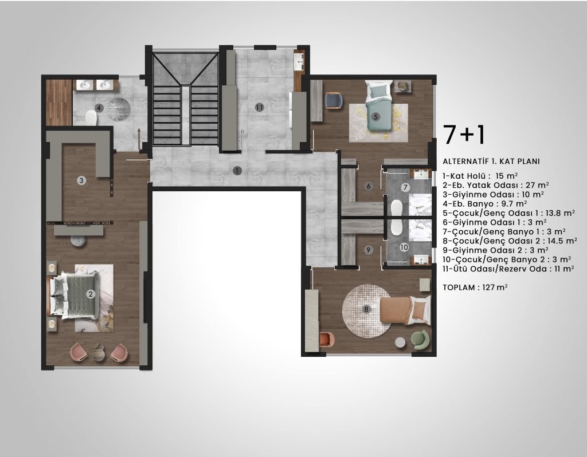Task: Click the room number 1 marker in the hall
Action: click(237, 171)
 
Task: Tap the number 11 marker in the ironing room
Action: click(260, 108)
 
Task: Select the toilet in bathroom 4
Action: click(91, 118)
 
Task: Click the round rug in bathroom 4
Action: click(119, 109)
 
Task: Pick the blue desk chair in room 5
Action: click(334, 101)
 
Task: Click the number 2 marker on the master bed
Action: click(90, 294)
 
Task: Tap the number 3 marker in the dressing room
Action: click(81, 180)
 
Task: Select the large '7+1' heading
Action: click(464, 135)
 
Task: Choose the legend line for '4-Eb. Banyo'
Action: click(485, 204)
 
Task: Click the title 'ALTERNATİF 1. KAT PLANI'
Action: click(491, 161)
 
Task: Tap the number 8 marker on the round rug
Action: click(366, 309)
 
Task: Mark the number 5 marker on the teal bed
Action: click(375, 117)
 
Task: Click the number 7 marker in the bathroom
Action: click(405, 187)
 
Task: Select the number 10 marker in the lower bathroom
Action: click(404, 247)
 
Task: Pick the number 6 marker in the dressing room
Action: click(369, 186)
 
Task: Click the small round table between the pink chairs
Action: click(99, 352)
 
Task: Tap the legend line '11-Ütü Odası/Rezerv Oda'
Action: click(508, 269)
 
